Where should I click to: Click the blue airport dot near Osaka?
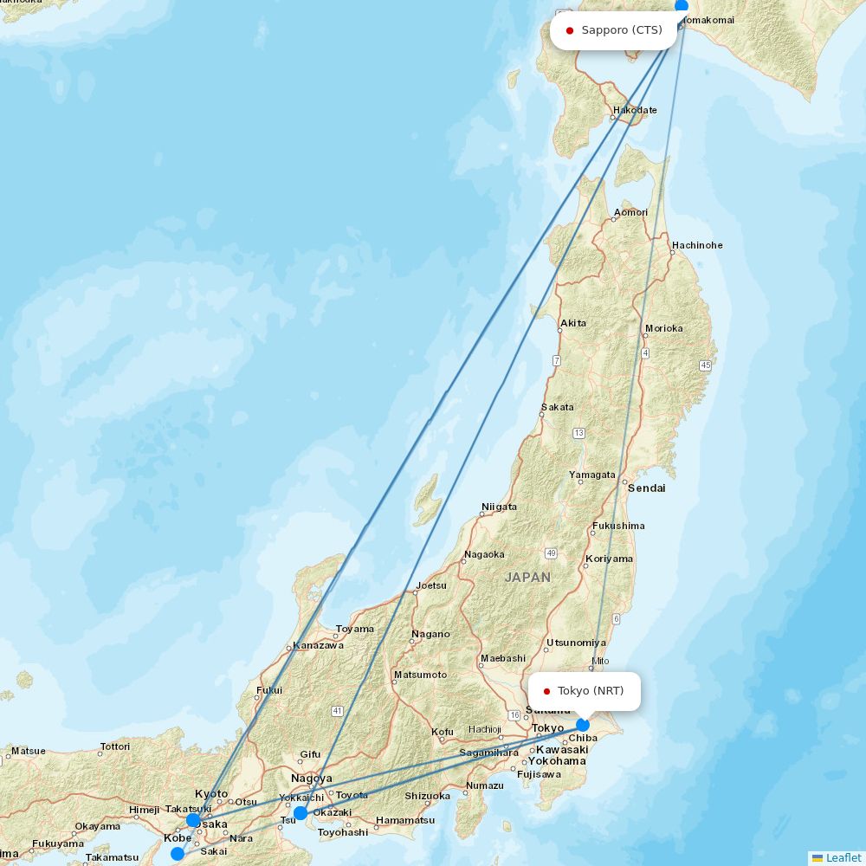(193, 820)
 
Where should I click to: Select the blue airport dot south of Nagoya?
(301, 813)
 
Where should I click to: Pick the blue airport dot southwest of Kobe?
(178, 854)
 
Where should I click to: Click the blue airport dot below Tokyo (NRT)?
(583, 725)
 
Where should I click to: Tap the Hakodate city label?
(635, 111)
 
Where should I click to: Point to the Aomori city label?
(630, 212)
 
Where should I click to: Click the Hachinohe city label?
(697, 245)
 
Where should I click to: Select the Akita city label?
(573, 323)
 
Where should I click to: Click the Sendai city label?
(647, 488)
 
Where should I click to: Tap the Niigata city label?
(499, 507)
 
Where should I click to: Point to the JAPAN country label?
(527, 577)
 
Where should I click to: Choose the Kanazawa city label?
(318, 645)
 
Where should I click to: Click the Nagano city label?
(431, 634)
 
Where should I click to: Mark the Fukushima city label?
(618, 526)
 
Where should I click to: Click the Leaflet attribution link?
(843, 857)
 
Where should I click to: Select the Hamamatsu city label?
(405, 820)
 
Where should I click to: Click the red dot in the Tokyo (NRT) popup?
(546, 691)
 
